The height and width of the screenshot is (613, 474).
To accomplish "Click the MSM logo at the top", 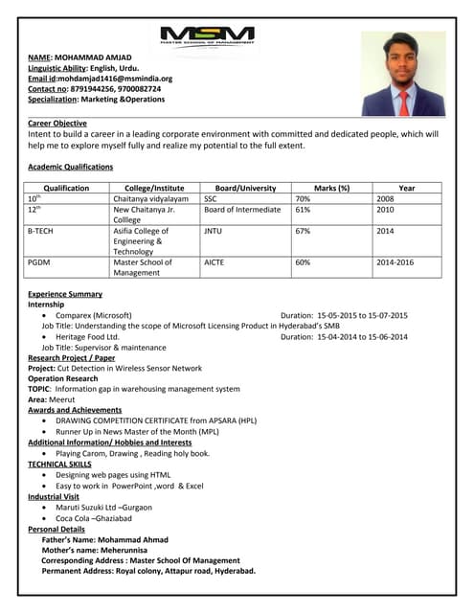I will tap(207, 36).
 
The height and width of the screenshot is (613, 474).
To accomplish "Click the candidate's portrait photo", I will tap(403, 74).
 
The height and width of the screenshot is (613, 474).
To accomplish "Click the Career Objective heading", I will tap(57, 124).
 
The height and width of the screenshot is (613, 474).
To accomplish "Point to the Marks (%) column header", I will tap(331, 189).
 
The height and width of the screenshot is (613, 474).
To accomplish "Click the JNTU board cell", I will tap(213, 231).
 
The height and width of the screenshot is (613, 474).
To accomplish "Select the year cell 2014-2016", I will tap(395, 261).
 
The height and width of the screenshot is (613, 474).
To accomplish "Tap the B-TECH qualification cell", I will tap(41, 231).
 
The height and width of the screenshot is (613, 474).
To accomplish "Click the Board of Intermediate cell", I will tap(242, 210).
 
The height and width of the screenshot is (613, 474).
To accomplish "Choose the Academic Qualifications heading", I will tap(70, 167).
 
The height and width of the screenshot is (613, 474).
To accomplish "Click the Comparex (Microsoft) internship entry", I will tap(94, 315).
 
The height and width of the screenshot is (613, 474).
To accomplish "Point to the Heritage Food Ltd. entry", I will tap(87, 336).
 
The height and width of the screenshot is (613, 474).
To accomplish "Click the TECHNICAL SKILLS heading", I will tap(61, 464).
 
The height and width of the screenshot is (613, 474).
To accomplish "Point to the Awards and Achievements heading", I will tap(75, 410).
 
